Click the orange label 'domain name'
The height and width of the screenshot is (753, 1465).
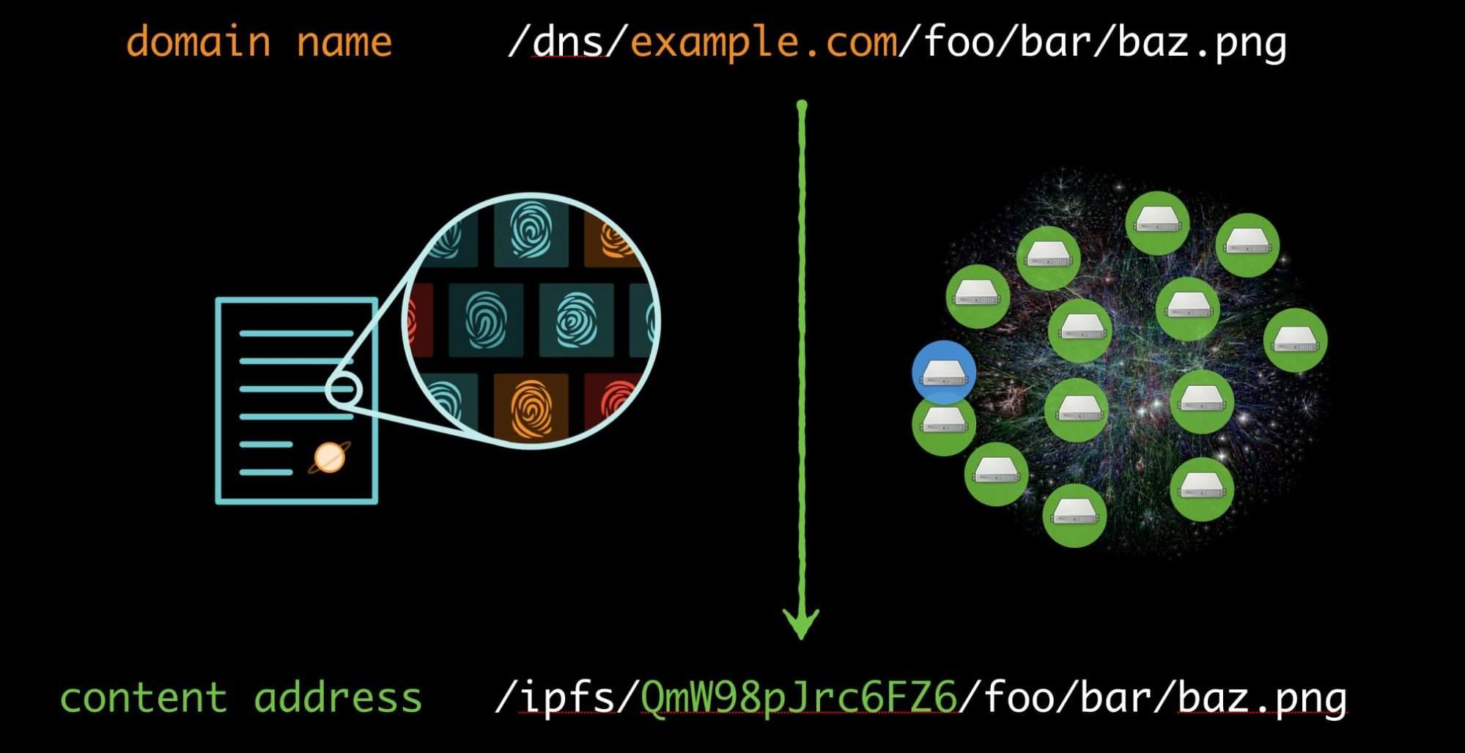pos(259,41)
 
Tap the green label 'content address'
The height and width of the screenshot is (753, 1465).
pos(241,697)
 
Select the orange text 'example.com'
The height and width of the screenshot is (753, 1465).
pos(764,42)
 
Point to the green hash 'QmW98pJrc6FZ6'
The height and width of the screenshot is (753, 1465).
pos(799,697)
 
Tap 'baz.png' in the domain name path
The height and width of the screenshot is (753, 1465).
pos(1202,42)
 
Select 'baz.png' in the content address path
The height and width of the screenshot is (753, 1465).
pos(1262,698)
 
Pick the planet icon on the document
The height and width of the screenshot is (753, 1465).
pos(329,458)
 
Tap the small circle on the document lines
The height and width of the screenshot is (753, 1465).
pos(344,389)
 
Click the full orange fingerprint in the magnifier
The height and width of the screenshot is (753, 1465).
pos(531,407)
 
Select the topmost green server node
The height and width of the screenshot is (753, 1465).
pos(1157,223)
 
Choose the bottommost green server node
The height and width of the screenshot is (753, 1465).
pos(1074,515)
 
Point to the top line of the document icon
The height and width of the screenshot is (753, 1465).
pos(297,334)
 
